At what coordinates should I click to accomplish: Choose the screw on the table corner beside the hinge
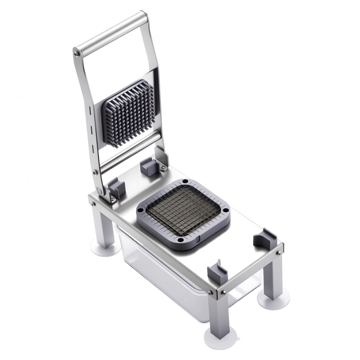(x=93, y=204)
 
